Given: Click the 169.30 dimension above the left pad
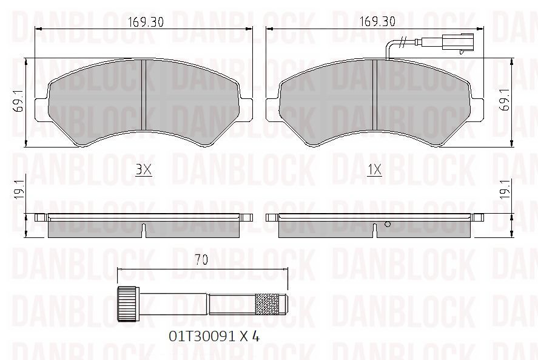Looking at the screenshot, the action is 146,22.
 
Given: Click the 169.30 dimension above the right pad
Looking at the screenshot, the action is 377,22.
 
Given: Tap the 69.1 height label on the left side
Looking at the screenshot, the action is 18,101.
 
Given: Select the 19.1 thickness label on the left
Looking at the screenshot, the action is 19,189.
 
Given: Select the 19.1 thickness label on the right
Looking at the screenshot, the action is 505,189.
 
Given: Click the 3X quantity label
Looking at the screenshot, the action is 143,169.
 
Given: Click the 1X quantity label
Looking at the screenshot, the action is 374,169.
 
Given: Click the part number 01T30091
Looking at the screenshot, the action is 202,336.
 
